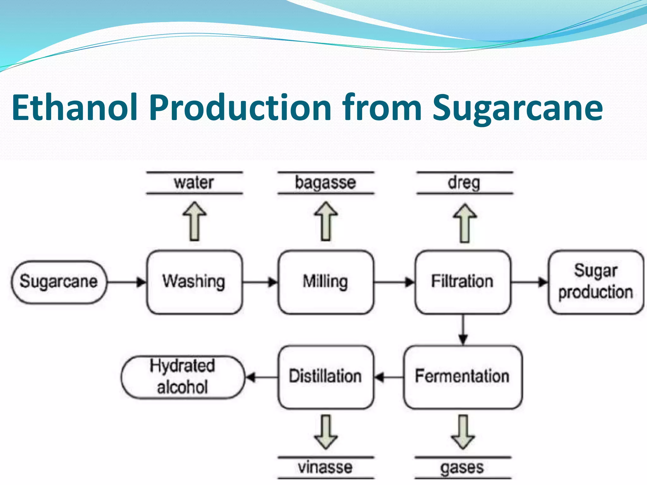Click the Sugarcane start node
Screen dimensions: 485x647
click(x=59, y=282)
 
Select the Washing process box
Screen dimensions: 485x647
click(x=194, y=282)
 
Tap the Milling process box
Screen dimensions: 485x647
click(x=326, y=282)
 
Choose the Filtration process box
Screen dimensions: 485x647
click(x=463, y=282)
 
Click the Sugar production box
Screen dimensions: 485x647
click(x=596, y=282)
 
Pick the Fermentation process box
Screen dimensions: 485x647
click(x=463, y=377)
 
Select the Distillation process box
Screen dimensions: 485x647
click(x=326, y=377)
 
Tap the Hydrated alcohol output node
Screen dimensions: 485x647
click(x=183, y=377)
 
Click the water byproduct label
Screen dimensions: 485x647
click(x=194, y=183)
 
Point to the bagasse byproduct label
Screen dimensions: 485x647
click(x=326, y=183)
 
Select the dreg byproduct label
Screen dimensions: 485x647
click(x=464, y=183)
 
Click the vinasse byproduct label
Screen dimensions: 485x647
click(x=325, y=467)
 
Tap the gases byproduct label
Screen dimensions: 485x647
click(x=463, y=468)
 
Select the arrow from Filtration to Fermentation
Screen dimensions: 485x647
click(x=463, y=330)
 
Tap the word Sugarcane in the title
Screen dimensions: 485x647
click(x=517, y=108)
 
